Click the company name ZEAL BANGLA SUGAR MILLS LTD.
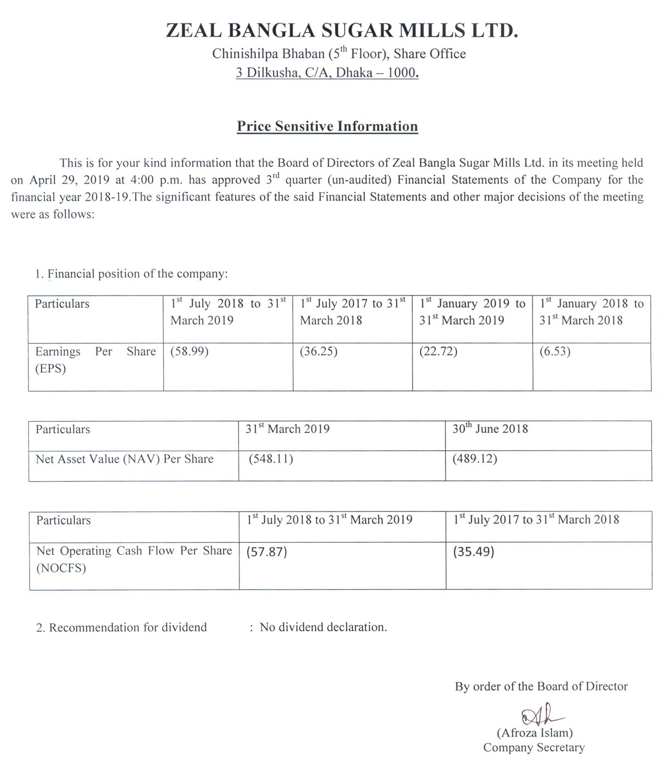(x=342, y=30)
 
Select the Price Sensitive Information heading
(x=327, y=126)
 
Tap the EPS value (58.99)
(x=189, y=352)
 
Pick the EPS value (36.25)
(x=319, y=352)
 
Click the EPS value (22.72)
(x=438, y=352)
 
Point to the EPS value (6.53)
(x=555, y=352)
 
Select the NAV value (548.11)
(x=271, y=459)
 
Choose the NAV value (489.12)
(x=474, y=459)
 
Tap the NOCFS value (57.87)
(x=267, y=552)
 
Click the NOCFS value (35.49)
(x=473, y=552)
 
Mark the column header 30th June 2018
(x=490, y=429)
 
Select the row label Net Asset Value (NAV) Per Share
(x=125, y=459)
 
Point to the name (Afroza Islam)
(x=534, y=733)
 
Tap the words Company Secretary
(x=534, y=748)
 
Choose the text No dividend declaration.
(x=323, y=627)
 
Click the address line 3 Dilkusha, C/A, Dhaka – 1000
(x=327, y=73)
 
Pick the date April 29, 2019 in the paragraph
(x=68, y=180)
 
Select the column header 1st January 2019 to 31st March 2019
(x=472, y=312)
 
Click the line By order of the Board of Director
(x=541, y=687)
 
